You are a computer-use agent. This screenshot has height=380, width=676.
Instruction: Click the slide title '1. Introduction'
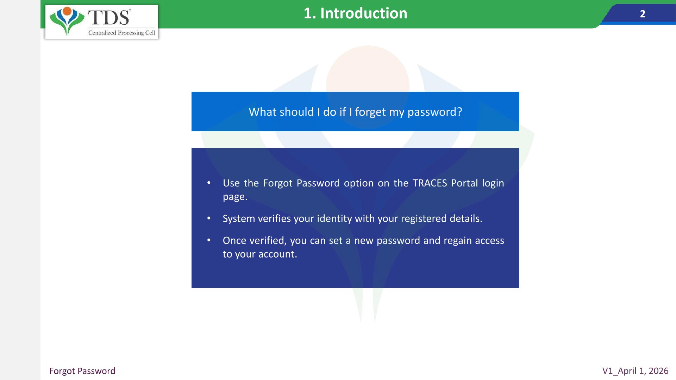(355, 13)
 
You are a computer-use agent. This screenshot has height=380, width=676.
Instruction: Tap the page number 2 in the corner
(643, 14)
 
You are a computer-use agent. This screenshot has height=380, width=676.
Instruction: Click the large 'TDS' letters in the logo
(109, 17)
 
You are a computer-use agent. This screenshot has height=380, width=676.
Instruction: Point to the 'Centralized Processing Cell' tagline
(121, 33)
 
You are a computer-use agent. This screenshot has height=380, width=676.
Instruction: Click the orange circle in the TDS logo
(67, 11)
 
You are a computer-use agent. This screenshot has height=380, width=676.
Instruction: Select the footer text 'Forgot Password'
(82, 371)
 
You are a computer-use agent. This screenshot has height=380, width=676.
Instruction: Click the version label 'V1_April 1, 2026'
(635, 371)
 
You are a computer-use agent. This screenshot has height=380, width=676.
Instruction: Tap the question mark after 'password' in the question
(459, 112)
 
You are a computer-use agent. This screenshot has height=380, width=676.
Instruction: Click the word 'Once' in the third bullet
(234, 240)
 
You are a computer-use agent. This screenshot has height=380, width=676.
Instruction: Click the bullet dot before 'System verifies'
(209, 218)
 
